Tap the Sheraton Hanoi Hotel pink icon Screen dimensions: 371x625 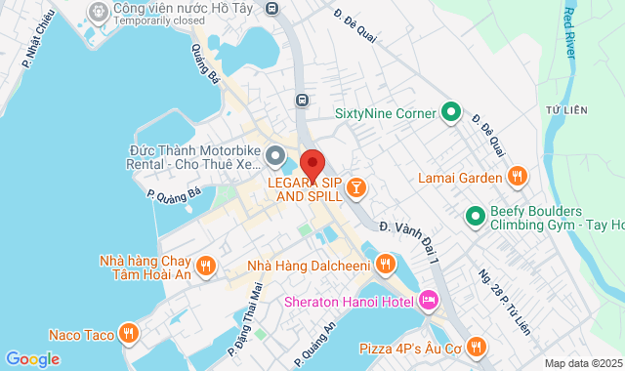click(428, 301)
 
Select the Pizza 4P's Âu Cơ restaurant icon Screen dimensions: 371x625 click(476, 346)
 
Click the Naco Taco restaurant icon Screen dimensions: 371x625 click(129, 333)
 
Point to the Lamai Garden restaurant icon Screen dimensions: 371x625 click(518, 178)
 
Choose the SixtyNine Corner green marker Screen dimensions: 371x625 click(450, 113)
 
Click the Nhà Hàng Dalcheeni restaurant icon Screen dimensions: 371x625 click(386, 264)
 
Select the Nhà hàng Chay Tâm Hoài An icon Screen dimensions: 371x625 click(205, 266)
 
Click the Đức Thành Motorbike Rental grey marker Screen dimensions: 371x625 click(275, 156)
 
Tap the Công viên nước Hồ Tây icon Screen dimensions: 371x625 click(99, 11)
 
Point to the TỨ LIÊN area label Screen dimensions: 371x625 click(565, 110)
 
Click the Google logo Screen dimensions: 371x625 click(32, 358)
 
